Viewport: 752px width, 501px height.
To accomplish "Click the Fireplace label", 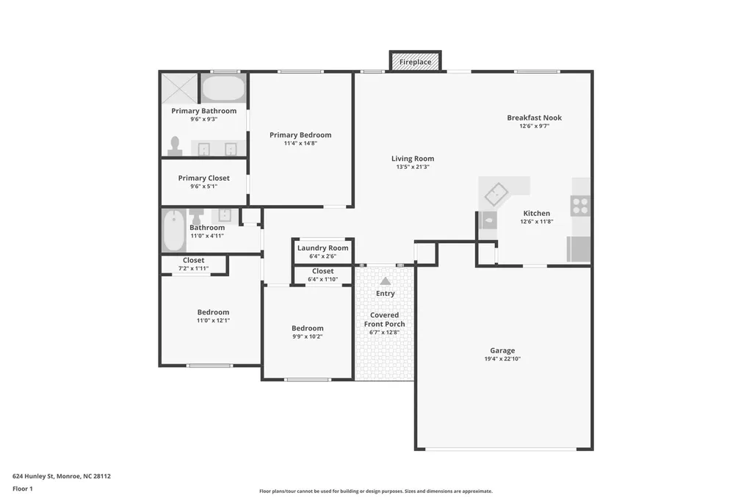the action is pyautogui.click(x=416, y=62).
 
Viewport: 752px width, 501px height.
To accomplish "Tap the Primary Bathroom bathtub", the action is pyautogui.click(x=223, y=88).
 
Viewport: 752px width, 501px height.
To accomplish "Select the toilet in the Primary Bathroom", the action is pyautogui.click(x=175, y=146).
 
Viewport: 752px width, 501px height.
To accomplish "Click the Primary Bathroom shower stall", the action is pyautogui.click(x=179, y=88).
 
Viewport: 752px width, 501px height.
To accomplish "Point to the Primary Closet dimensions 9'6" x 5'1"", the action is pyautogui.click(x=204, y=186).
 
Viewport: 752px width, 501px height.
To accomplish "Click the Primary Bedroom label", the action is pyautogui.click(x=300, y=135).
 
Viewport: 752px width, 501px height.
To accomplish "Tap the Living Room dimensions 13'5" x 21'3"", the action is pyautogui.click(x=413, y=167).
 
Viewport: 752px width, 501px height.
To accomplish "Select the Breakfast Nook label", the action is pyautogui.click(x=535, y=118).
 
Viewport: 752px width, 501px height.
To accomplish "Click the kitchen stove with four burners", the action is pyautogui.click(x=580, y=206).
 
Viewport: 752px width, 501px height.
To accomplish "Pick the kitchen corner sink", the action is pyautogui.click(x=496, y=195).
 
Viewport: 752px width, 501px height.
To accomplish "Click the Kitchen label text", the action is pyautogui.click(x=537, y=213).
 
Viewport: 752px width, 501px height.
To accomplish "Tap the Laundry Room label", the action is pyautogui.click(x=323, y=248).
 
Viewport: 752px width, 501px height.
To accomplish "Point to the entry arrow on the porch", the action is pyautogui.click(x=386, y=281).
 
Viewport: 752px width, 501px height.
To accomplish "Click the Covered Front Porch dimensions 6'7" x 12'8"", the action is pyautogui.click(x=384, y=332).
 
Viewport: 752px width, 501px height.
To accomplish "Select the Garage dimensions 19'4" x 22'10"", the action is pyautogui.click(x=502, y=358).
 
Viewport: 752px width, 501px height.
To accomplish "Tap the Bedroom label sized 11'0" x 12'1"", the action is pyautogui.click(x=213, y=312).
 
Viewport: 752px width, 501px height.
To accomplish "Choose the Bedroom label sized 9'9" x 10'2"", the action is pyautogui.click(x=308, y=328).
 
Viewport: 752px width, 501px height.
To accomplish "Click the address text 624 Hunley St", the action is pyautogui.click(x=33, y=476).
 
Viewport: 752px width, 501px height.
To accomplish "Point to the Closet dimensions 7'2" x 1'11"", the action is pyautogui.click(x=193, y=268).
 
